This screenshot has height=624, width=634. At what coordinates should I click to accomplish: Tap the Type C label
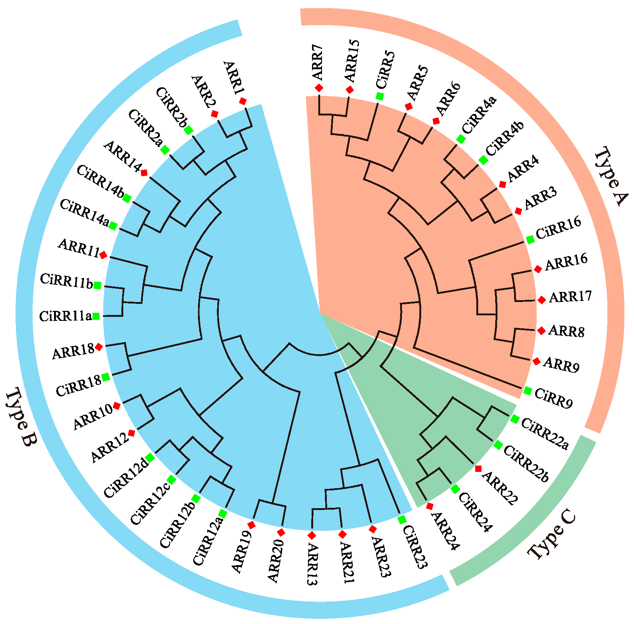coord(551,536)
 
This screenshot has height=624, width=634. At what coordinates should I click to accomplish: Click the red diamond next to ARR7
coord(319,88)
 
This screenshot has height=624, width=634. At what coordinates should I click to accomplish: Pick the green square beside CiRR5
coord(380,96)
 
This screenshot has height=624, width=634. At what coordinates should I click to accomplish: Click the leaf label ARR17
coord(570,296)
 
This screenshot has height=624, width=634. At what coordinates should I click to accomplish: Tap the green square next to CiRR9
coord(528,390)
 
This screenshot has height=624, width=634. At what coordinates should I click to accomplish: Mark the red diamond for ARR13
coord(312,535)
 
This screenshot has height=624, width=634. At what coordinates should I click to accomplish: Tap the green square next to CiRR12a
coord(222,514)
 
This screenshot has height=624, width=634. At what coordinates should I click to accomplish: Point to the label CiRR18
coord(79,385)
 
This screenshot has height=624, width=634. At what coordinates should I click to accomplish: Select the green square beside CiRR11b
coord(97,285)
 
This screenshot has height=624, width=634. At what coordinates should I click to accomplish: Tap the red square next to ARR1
coord(243,101)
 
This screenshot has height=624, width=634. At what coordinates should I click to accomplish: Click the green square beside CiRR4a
coord(461,139)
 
